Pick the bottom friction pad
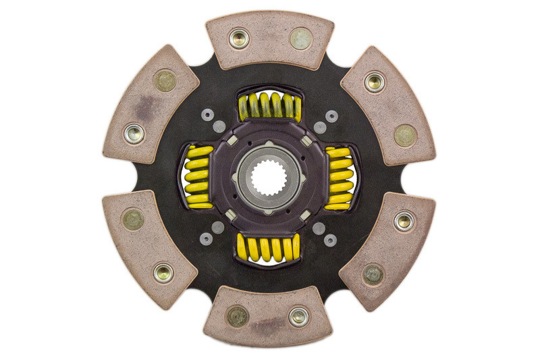point(269,317)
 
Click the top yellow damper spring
point(269,105)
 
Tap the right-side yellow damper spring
point(338,178)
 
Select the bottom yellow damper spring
point(269,249)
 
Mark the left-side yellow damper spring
point(197,177)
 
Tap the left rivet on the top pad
point(239,38)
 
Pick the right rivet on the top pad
point(300,38)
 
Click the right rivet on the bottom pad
point(299,316)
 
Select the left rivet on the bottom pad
point(238,316)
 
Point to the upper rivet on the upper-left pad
point(165,81)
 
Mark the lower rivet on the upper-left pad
point(134,133)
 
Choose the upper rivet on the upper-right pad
point(375,82)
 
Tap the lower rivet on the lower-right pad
point(373,274)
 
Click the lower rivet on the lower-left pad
point(163,273)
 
